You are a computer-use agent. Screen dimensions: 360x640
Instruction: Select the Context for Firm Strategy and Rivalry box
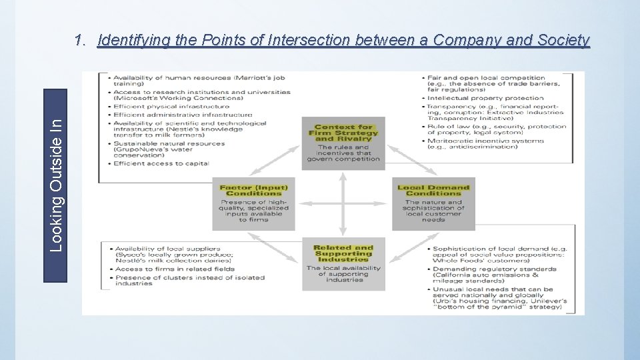tap(343, 143)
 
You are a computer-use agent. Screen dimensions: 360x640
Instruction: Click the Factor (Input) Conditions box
tap(253, 203)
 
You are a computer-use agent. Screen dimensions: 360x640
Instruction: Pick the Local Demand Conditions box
tap(433, 203)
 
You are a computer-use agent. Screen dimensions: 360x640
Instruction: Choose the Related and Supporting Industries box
tap(343, 263)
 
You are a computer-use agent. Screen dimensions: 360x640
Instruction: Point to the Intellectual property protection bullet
tap(486, 98)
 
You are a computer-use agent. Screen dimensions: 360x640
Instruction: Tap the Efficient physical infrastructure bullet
tap(171, 106)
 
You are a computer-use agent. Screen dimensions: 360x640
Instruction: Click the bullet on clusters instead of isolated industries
tap(189, 281)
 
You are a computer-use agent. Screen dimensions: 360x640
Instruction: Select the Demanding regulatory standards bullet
tap(494, 272)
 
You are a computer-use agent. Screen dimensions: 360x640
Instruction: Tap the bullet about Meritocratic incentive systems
tap(486, 144)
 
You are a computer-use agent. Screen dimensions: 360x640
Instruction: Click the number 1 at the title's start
tap(80, 41)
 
